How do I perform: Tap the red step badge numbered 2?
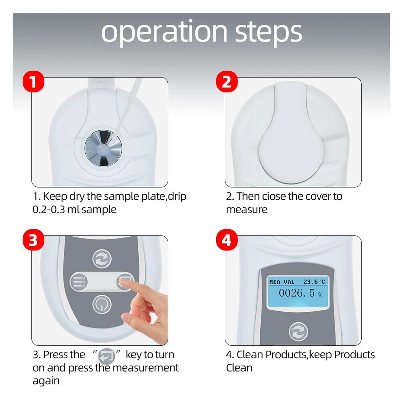[x=227, y=82]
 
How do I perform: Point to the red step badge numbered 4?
[x=227, y=240]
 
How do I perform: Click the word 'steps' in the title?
[x=268, y=32]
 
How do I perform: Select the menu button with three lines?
[x=79, y=282]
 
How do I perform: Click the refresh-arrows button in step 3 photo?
[x=102, y=259]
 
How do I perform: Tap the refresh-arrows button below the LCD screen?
[x=298, y=332]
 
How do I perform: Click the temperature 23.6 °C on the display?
[x=314, y=282]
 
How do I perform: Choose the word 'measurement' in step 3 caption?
[x=145, y=368]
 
